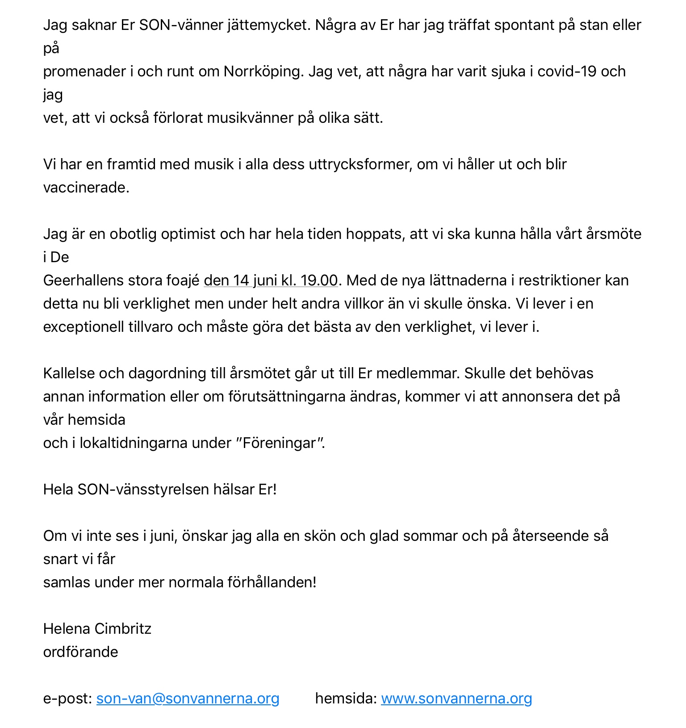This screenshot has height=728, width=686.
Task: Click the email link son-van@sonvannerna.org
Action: coord(188,699)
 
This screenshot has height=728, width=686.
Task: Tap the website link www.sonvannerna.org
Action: coord(456,699)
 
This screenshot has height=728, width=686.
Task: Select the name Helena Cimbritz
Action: coord(97,629)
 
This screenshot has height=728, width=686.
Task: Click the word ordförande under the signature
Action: coord(80,652)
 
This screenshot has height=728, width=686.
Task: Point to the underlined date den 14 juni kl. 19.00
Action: coord(271,280)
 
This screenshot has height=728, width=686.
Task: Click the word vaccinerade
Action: coord(86,188)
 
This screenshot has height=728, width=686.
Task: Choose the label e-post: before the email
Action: coord(67,699)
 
